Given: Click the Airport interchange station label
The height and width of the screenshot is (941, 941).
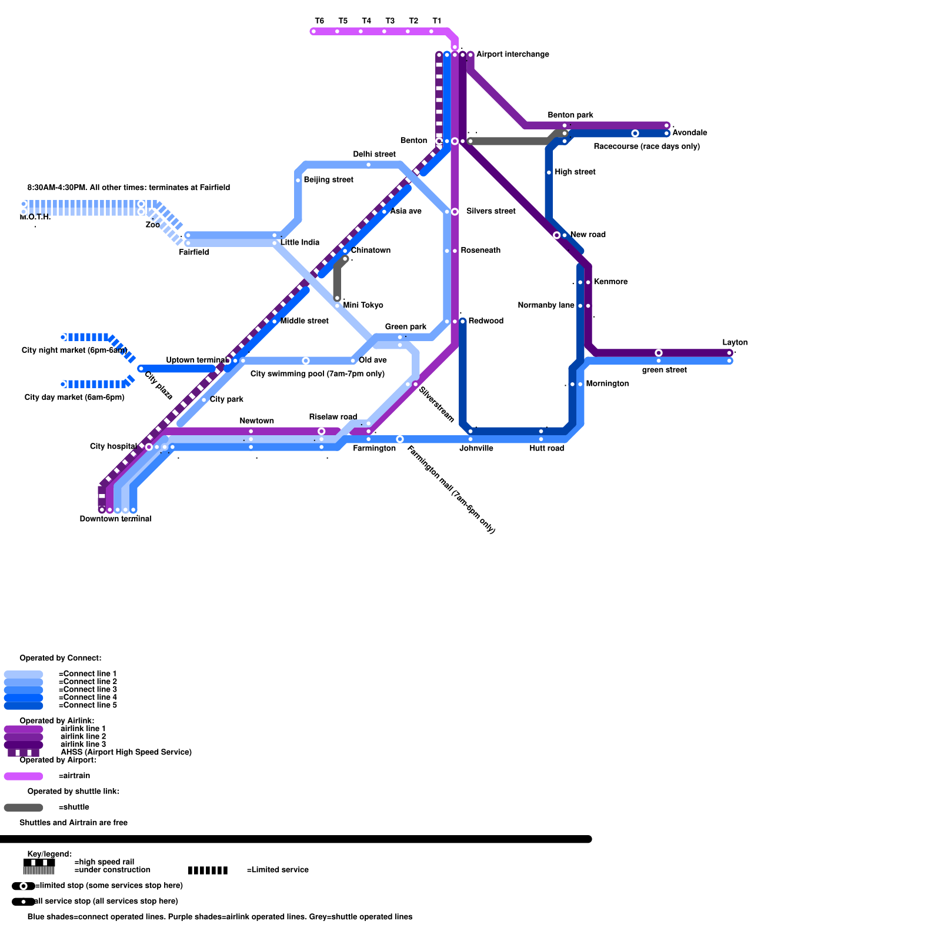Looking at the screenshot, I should tap(512, 54).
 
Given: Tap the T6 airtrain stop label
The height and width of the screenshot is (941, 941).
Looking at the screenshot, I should tap(319, 21).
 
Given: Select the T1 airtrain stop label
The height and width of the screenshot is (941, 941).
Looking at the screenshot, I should tap(436, 21).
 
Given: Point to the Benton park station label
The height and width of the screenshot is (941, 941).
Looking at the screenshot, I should tap(570, 115).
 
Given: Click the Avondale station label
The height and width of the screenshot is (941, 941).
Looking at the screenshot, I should tap(689, 132).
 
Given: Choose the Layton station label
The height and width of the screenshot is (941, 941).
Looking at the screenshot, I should tap(735, 342).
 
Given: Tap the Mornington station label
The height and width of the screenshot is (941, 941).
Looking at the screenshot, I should tap(607, 383).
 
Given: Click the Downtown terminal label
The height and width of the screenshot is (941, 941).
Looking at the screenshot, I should tap(115, 519).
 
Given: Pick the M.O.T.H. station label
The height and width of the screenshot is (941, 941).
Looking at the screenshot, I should tap(35, 217).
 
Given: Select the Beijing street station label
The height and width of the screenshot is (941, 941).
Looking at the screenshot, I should tap(328, 179).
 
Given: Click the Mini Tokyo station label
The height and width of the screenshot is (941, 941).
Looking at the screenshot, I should tap(363, 305).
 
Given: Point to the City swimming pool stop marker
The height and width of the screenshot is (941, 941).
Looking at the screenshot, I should tap(306, 361).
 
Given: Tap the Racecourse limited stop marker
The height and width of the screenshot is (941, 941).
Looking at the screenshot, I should tap(635, 134).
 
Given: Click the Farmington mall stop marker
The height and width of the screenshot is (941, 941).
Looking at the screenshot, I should tap(400, 439).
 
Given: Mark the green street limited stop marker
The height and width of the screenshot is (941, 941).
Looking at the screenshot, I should tap(659, 353).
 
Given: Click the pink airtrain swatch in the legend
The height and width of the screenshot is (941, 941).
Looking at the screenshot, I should tap(24, 776).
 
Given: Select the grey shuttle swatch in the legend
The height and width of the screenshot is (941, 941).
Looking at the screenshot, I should tap(24, 807).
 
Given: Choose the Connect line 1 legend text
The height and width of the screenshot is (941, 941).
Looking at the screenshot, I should tap(88, 673).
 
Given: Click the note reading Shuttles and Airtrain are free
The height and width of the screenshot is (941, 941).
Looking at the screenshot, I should tap(74, 823).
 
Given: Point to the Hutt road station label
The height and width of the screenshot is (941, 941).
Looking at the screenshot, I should tap(546, 448).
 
